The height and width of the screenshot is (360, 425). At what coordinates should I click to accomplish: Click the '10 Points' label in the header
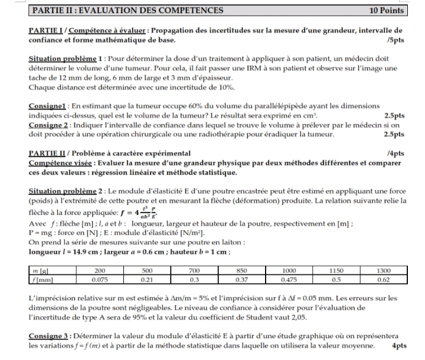point(386,11)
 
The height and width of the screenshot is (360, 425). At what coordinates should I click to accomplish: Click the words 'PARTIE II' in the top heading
point(51,11)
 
